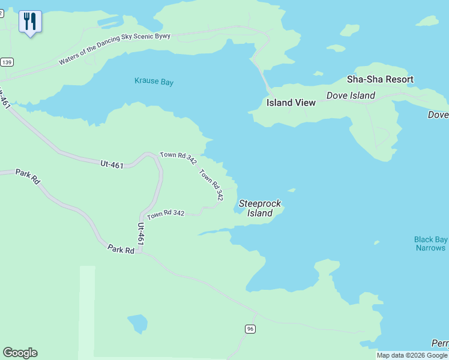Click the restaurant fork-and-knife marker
point(29,22)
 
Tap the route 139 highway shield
point(7,62)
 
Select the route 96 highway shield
point(250,328)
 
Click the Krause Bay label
point(154,82)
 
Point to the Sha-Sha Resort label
point(380,79)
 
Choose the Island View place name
point(291,103)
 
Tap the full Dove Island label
point(351,95)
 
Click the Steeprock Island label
point(260,208)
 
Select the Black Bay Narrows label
point(430,244)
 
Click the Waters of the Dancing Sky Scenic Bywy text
point(115,49)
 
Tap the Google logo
point(20,353)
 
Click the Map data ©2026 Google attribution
point(412,355)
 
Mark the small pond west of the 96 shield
point(137,323)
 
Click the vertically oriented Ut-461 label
point(140,233)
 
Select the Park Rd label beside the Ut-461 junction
point(121,248)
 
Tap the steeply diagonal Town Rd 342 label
point(211,185)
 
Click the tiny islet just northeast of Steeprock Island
point(291,190)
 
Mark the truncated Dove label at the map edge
point(438,115)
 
